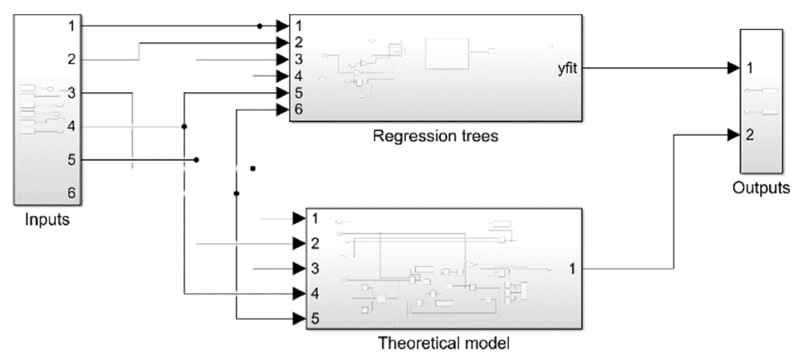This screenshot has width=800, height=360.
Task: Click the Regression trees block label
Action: click(x=435, y=136)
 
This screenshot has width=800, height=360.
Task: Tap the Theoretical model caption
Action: click(x=443, y=343)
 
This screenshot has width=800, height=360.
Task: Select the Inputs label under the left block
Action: click(x=47, y=219)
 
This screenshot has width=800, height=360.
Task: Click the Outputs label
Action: click(x=761, y=188)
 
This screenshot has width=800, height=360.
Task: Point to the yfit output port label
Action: click(x=567, y=68)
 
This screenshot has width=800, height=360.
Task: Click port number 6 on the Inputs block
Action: click(x=71, y=193)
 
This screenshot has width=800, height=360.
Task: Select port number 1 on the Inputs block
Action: click(x=71, y=26)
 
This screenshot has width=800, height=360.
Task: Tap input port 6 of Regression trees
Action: click(x=298, y=110)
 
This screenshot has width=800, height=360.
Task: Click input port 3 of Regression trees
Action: click(x=298, y=59)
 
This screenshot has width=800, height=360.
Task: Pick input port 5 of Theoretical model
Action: click(x=315, y=318)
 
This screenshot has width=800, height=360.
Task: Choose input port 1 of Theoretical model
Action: click(x=315, y=218)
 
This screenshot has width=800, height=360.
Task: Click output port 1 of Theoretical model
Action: click(x=572, y=269)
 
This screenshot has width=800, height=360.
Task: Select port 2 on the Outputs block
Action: click(x=749, y=135)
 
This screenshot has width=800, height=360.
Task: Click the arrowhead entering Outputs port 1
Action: click(x=733, y=68)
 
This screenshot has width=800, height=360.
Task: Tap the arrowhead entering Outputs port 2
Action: click(x=733, y=135)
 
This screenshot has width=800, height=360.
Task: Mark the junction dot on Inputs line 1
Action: click(x=260, y=26)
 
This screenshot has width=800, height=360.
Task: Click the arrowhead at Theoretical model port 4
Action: click(x=299, y=294)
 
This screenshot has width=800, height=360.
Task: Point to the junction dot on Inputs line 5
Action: click(x=196, y=160)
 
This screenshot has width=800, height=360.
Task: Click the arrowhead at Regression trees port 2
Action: click(x=282, y=42)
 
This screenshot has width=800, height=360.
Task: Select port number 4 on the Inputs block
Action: click(x=71, y=126)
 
